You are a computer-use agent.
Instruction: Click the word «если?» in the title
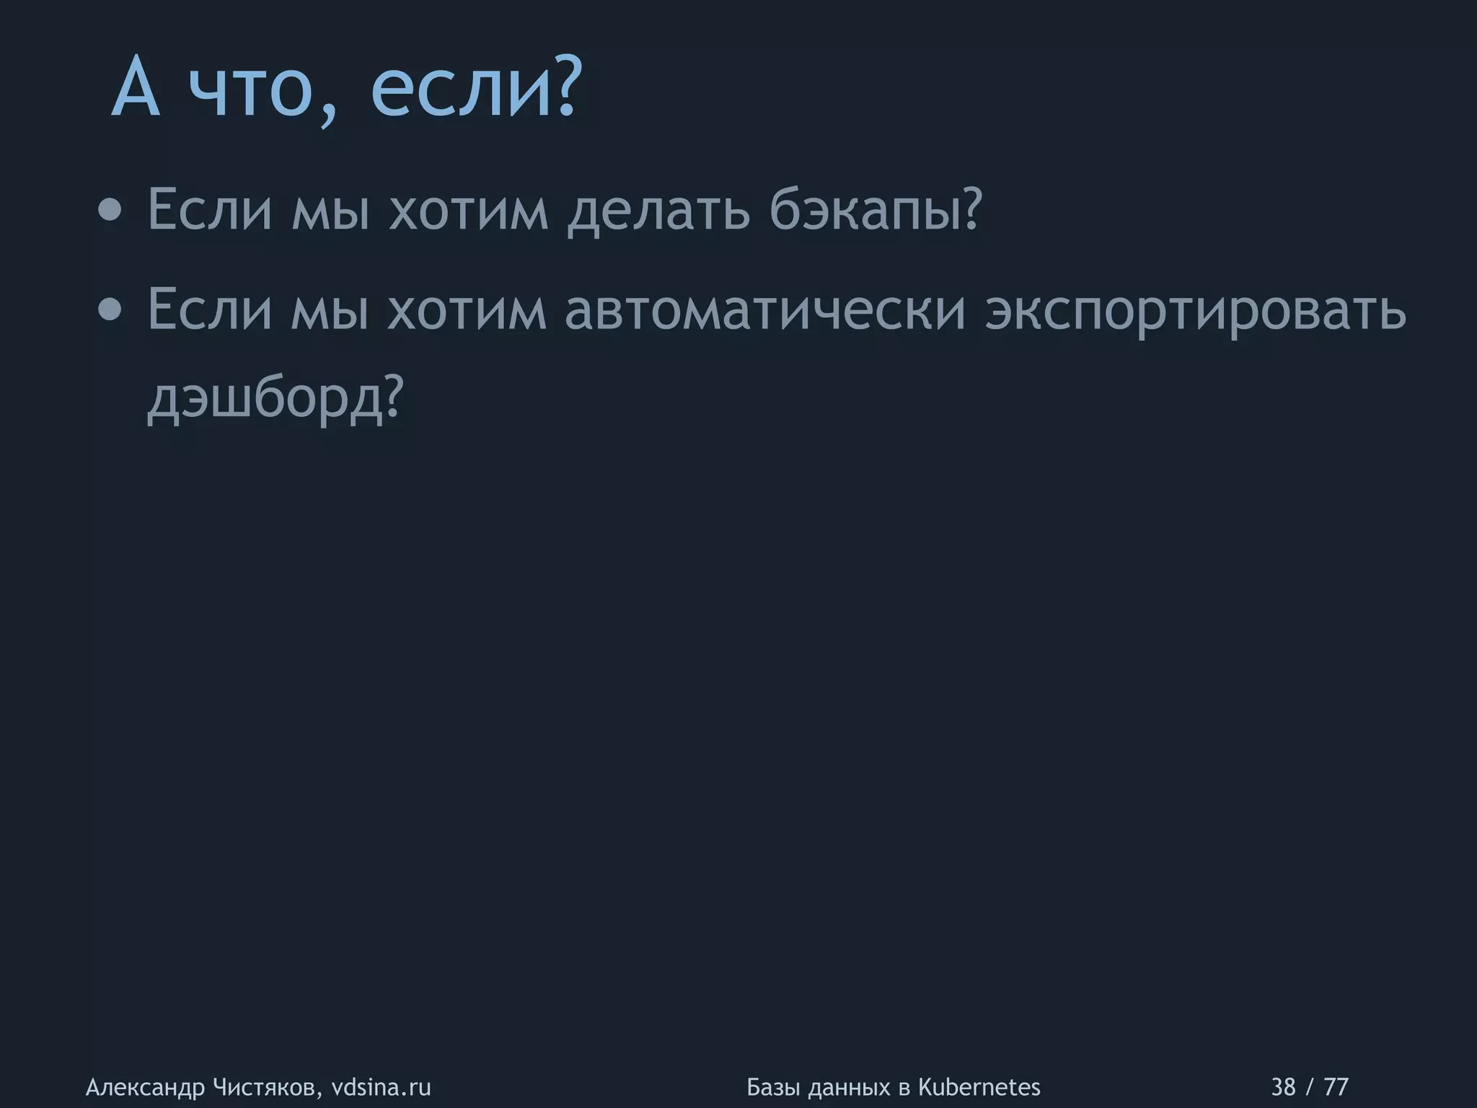[475, 89]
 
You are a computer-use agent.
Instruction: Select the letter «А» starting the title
[136, 89]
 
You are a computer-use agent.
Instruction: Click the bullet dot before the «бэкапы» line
[110, 211]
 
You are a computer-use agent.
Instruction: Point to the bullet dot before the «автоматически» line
[110, 310]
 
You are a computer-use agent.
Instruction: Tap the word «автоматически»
[764, 310]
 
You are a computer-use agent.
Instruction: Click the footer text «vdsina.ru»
[381, 1086]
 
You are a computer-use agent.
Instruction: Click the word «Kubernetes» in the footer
[979, 1086]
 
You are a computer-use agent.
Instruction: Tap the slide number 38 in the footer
[1283, 1086]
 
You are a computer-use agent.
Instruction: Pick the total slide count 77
[1336, 1086]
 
